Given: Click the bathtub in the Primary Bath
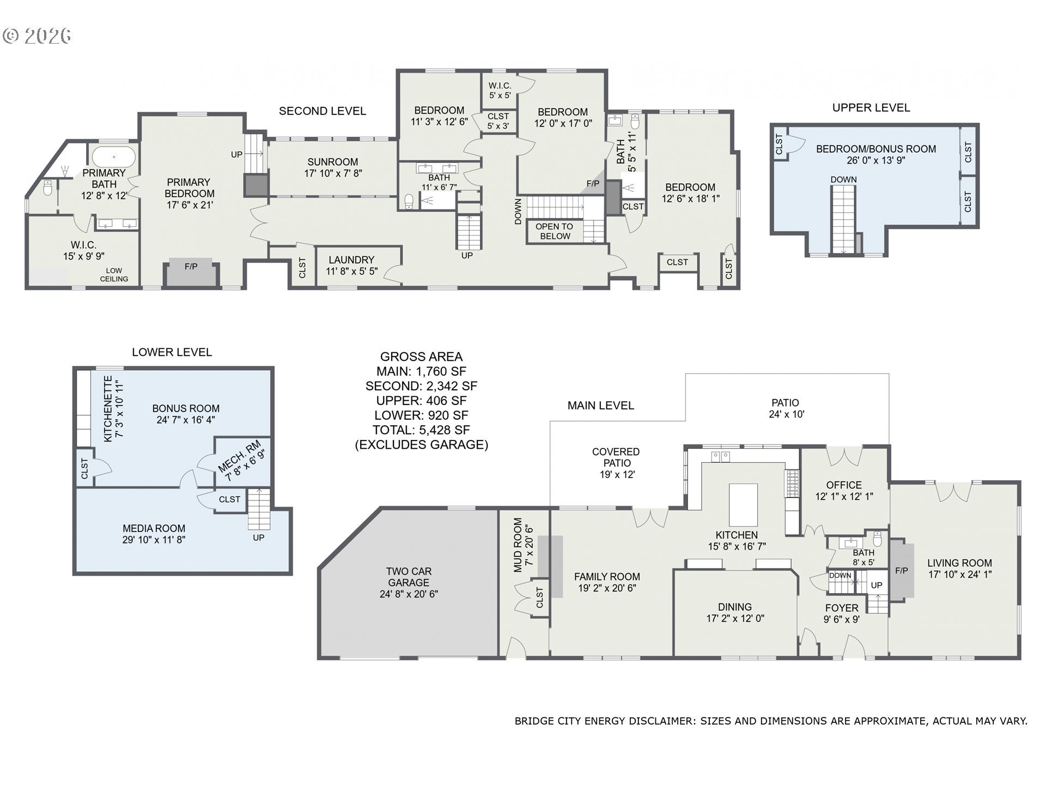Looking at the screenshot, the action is tap(113, 156).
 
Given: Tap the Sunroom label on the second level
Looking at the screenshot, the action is tap(332, 162).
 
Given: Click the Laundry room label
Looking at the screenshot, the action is tap(351, 260).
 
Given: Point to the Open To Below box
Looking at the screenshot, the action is tap(554, 231).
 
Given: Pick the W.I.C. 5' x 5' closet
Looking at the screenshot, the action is tap(500, 90).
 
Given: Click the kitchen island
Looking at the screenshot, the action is tap(744, 505).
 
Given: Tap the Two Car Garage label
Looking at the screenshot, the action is tap(409, 577).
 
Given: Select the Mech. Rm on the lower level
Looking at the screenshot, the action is tap(242, 461).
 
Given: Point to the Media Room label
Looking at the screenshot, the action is tap(154, 528).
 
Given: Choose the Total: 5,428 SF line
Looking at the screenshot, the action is tap(421, 430).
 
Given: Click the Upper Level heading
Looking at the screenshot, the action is tap(871, 107).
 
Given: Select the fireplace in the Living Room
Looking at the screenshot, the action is tap(901, 570).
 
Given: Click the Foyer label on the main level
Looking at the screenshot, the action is tap(842, 608).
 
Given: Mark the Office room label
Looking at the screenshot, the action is tap(844, 485).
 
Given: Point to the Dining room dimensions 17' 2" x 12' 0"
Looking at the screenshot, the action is tap(735, 618).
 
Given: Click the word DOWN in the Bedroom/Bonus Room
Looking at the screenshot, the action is tap(843, 179).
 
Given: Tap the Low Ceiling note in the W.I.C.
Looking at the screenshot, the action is tap(114, 275).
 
